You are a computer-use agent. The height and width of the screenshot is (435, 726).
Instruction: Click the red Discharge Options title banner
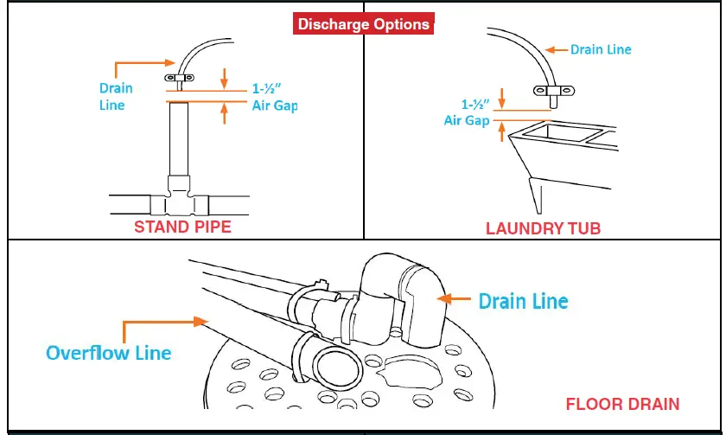coord(363,23)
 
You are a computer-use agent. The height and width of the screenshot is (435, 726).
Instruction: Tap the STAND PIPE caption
coord(182,227)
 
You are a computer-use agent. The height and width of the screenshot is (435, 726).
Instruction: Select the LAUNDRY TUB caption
coord(543,228)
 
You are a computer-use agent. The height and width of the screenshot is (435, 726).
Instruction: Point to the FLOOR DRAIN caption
coord(622,404)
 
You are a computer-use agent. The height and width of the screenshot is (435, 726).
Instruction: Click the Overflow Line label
coord(108,353)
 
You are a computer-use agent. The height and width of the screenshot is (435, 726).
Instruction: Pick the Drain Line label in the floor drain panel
coord(523,301)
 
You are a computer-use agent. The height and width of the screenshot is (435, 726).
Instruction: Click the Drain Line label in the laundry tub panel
coord(601,49)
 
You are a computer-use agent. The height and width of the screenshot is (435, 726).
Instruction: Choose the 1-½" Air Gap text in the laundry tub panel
coord(468,112)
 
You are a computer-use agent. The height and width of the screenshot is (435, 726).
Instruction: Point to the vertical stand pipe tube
coord(177,138)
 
